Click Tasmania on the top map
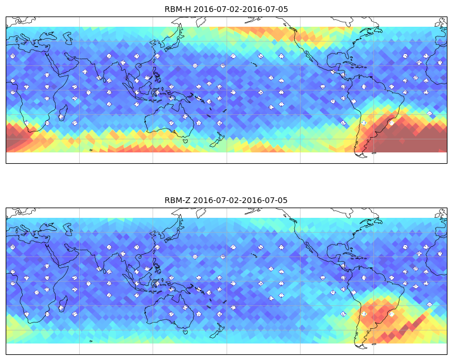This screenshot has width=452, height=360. coord(186,141)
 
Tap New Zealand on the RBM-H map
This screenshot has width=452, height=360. coord(217,140)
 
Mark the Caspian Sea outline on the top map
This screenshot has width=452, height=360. coord(68,38)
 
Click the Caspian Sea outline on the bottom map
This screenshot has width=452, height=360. coord(68,229)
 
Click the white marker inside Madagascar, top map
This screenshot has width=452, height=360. coord(61,117)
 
